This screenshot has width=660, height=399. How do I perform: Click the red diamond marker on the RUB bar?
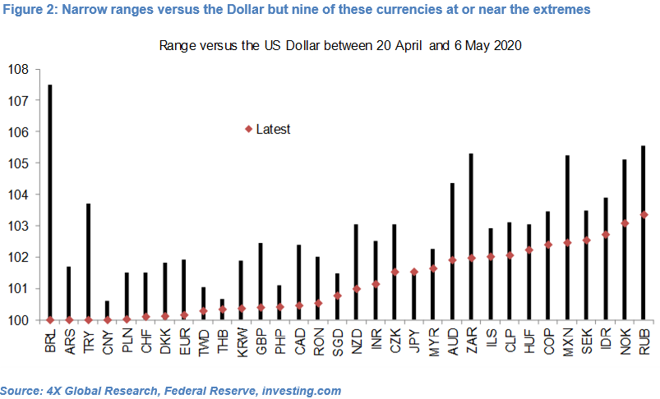pyautogui.click(x=644, y=215)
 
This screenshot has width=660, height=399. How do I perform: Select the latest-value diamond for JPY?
pyautogui.click(x=413, y=272)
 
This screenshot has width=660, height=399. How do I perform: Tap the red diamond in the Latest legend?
pyautogui.click(x=248, y=129)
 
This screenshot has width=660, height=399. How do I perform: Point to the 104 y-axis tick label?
pyautogui.click(x=19, y=195)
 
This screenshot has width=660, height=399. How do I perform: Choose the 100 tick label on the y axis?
pyautogui.click(x=19, y=320)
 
